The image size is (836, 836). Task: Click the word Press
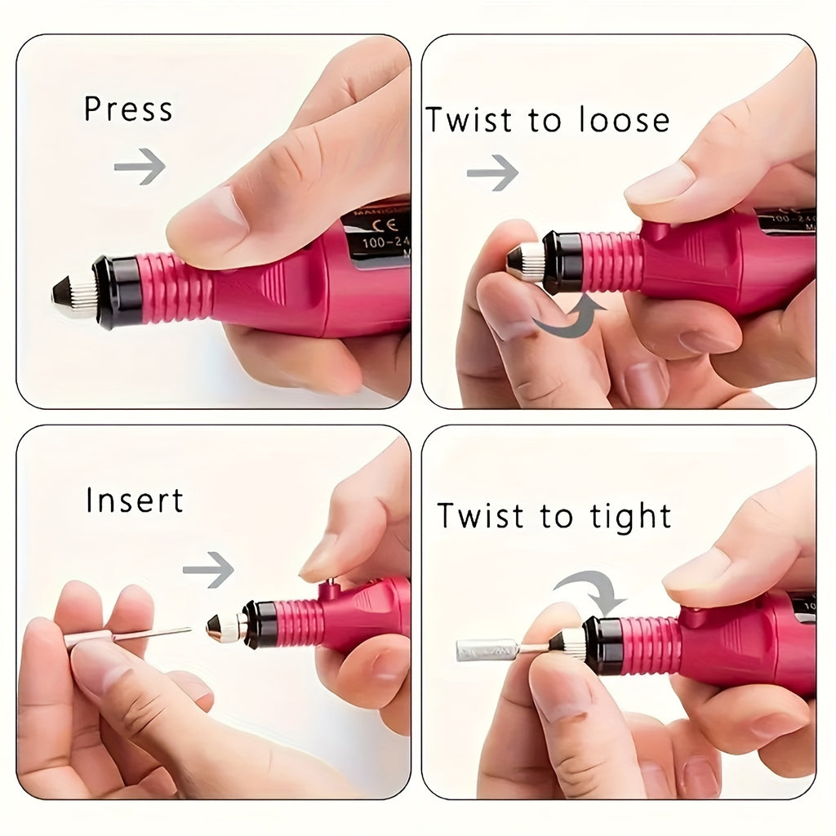click(x=128, y=109)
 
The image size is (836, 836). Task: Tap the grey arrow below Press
click(x=140, y=167)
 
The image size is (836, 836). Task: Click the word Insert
click(x=135, y=500)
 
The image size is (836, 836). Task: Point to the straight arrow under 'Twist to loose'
click(x=492, y=172)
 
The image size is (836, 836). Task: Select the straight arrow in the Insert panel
click(x=208, y=569)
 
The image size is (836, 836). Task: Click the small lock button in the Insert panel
click(x=331, y=585)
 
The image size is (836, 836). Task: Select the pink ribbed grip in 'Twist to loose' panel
click(x=611, y=261)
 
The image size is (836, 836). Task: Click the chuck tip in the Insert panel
click(x=225, y=628)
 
